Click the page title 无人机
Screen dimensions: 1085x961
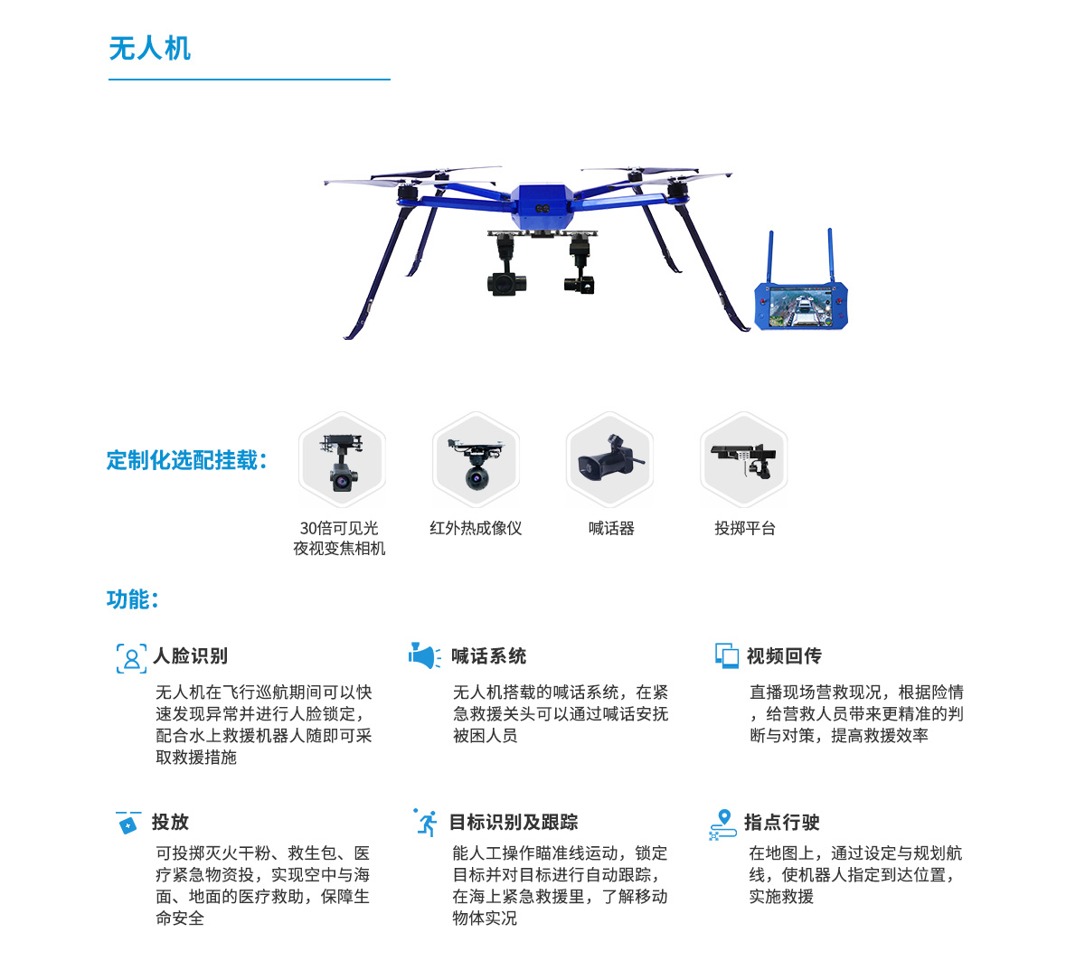coord(149,49)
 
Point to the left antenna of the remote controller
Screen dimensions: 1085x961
coord(770,257)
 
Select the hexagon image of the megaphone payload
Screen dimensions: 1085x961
coord(609,459)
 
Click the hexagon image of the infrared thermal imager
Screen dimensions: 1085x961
coord(476,459)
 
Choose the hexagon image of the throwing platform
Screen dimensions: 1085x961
coord(743,459)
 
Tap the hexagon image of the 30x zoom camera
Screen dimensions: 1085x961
coord(342,459)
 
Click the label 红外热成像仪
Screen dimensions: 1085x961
coord(476,529)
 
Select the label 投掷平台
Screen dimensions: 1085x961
coord(744,529)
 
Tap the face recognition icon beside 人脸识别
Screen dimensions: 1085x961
coord(131,658)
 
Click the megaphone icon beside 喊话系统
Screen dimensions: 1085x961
coord(425,655)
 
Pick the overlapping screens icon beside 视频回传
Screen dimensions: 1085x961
coord(727,655)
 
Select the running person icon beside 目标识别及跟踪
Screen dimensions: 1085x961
coord(426,822)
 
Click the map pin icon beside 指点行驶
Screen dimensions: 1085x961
coord(722,824)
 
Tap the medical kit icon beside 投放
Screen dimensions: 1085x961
coord(128,823)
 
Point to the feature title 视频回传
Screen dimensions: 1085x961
coord(784,655)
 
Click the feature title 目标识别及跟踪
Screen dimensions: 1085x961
coord(513,822)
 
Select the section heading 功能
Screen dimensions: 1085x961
coord(132,599)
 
